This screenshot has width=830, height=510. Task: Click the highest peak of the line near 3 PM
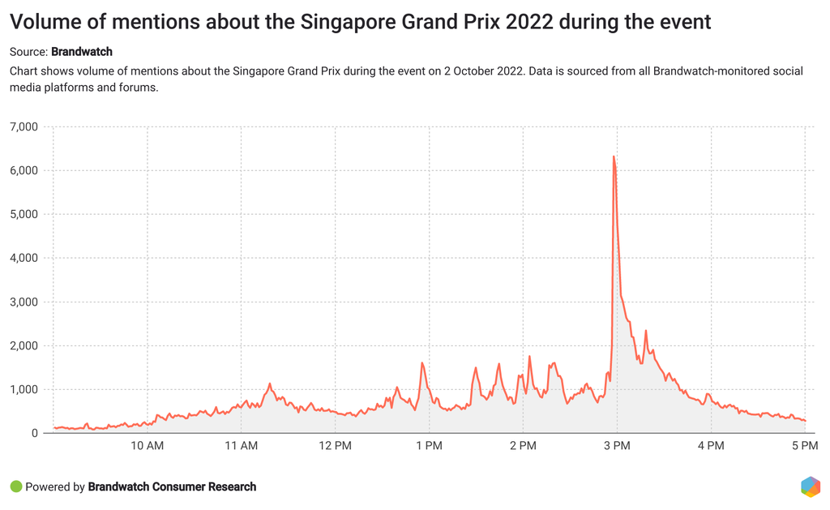(614, 156)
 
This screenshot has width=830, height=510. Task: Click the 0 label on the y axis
(34, 433)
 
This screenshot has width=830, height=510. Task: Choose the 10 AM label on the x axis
(147, 446)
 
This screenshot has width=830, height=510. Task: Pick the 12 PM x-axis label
(335, 446)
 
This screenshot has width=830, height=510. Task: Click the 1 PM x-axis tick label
(429, 446)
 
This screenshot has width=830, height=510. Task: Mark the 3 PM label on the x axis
(617, 446)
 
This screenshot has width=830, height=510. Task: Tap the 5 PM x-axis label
(805, 446)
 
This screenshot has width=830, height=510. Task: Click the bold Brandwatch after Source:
(82, 52)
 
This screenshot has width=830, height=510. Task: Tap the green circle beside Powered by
(15, 487)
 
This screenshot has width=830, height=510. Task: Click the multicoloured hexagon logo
(810, 486)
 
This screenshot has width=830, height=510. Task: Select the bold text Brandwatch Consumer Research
(172, 487)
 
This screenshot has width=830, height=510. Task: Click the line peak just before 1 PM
(422, 363)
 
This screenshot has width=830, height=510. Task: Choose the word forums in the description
(137, 88)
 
